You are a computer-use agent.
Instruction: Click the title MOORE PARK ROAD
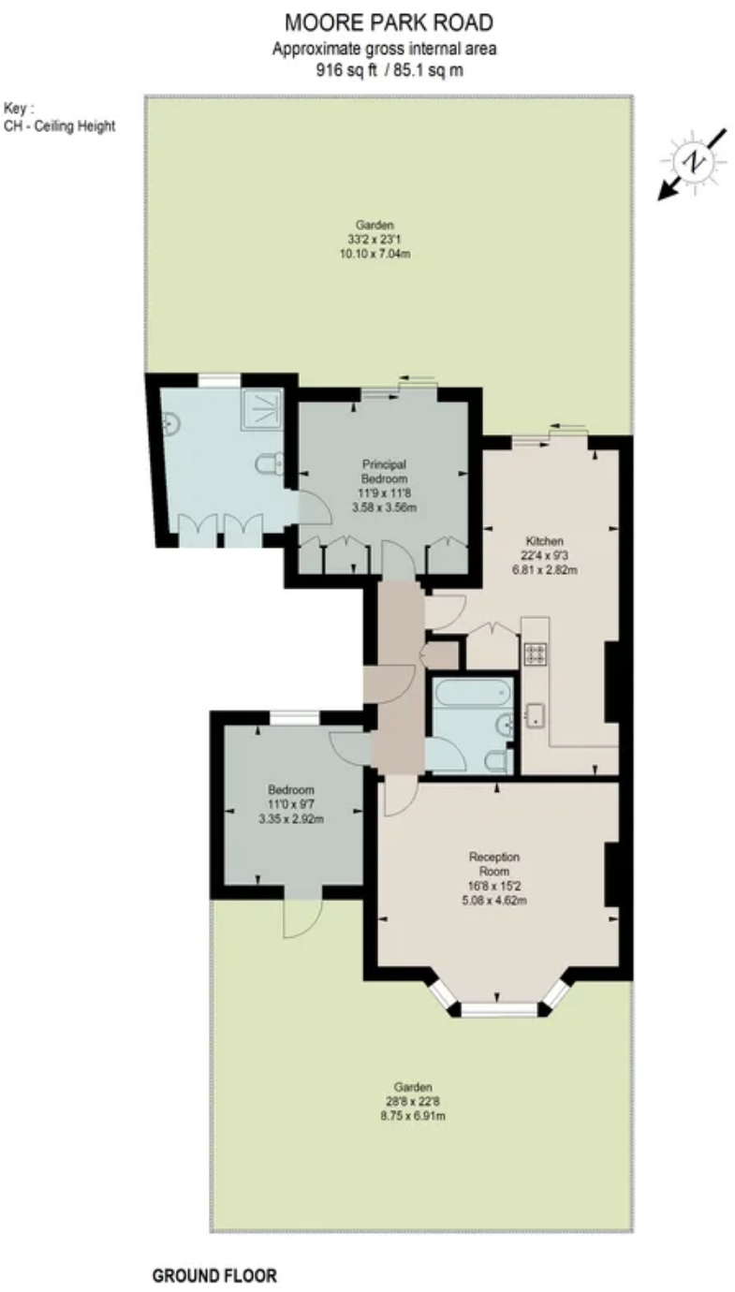(x=388, y=22)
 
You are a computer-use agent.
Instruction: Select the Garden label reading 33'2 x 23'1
(x=375, y=239)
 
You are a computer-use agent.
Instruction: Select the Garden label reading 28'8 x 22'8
(x=413, y=1101)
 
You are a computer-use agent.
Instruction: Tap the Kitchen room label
(x=544, y=541)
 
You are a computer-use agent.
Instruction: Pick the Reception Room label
(x=494, y=863)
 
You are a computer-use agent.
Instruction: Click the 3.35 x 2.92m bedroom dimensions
(x=291, y=818)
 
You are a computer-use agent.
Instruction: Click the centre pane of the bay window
(x=500, y=1010)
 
